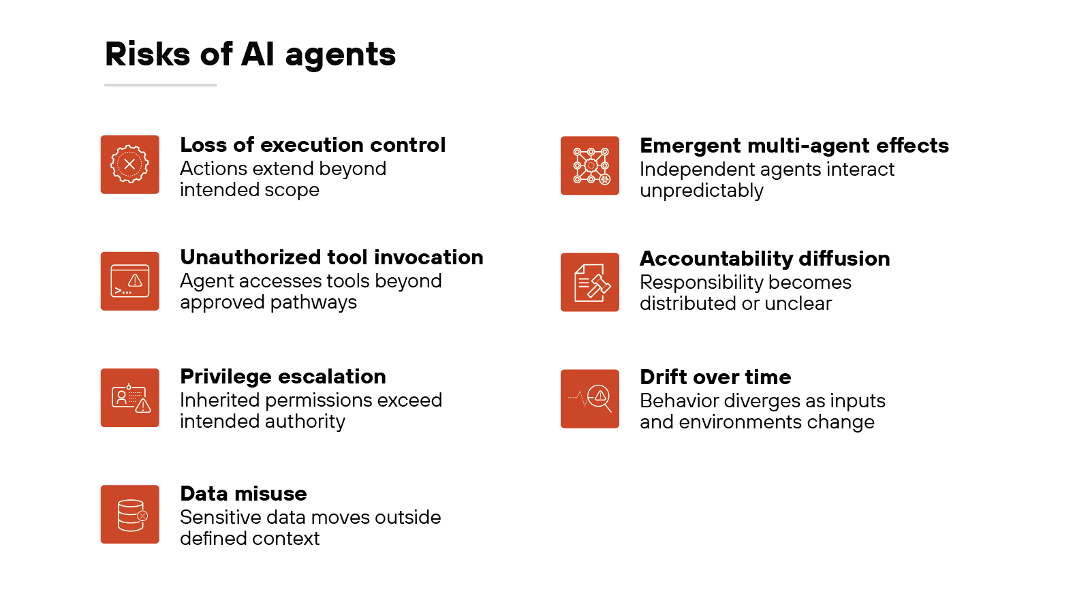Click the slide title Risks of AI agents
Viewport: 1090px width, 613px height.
(250, 54)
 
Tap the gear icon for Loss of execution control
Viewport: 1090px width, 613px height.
(130, 164)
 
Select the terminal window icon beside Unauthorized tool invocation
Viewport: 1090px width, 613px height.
(130, 281)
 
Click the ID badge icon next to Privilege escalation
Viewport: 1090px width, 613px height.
(130, 398)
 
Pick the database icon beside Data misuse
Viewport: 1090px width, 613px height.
(130, 514)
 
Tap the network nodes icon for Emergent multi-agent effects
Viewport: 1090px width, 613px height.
(590, 166)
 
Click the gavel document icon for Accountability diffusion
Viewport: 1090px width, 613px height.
(590, 282)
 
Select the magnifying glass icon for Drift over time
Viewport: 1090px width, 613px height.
(590, 398)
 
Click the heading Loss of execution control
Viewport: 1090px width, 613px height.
(313, 145)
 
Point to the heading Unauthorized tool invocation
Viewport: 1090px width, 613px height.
(332, 257)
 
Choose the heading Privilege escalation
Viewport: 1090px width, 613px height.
(283, 377)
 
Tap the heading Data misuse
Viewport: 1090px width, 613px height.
(243, 494)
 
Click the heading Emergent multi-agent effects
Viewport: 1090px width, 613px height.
(794, 146)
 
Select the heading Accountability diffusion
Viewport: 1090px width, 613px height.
(764, 259)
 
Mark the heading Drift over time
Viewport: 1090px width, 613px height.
(715, 377)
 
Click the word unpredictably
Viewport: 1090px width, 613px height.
(702, 191)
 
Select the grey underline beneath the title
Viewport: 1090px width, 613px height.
(161, 85)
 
